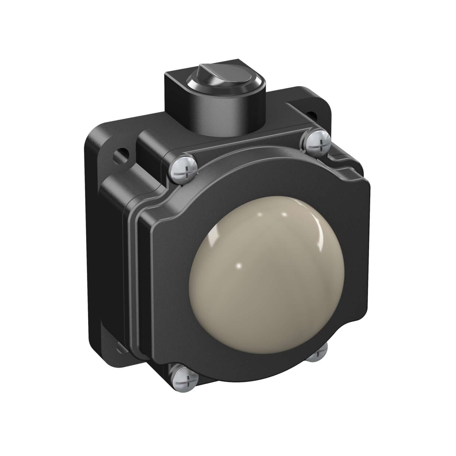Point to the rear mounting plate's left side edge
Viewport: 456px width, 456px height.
91,243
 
